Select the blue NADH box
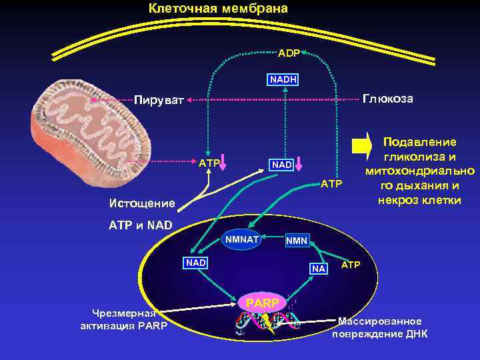coord(283,80)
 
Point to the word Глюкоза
coord(387,99)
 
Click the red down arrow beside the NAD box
coord(300,163)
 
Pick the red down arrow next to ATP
coord(225,163)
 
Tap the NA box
coord(319,269)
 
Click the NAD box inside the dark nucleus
coord(196,263)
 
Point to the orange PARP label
coord(263,303)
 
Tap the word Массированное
coord(379,321)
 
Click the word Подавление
coord(419,142)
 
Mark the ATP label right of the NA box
coord(351,265)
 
